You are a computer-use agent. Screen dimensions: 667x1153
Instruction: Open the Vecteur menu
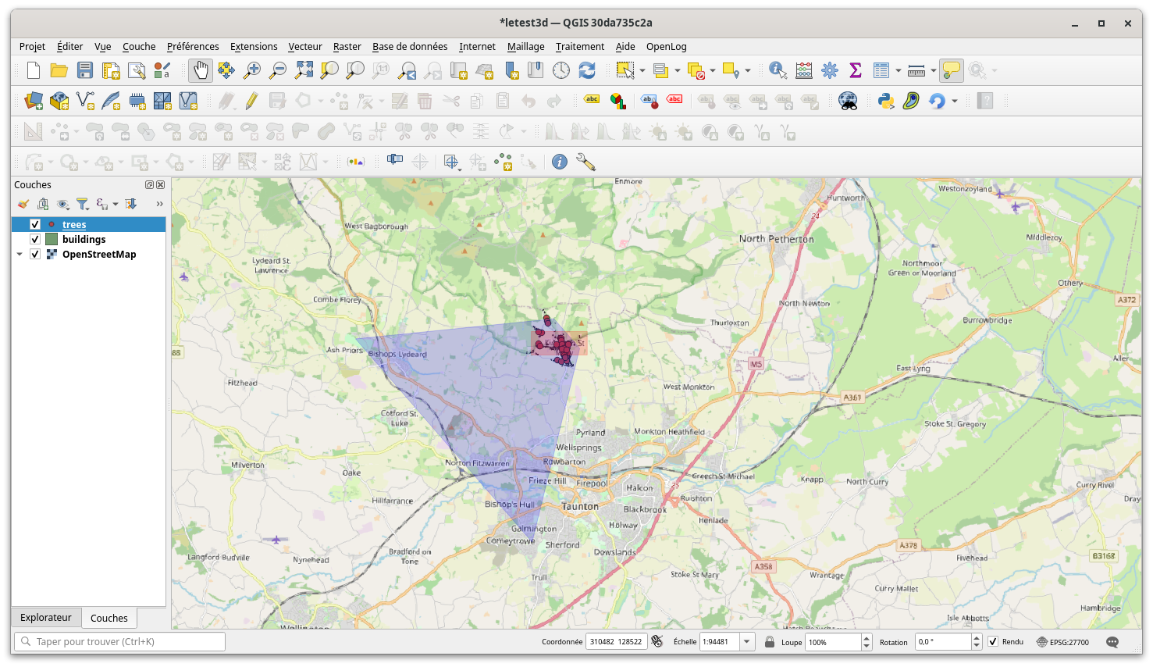[304, 47]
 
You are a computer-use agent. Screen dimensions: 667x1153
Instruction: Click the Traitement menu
[579, 47]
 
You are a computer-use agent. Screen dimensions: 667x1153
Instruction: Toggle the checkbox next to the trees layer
[35, 225]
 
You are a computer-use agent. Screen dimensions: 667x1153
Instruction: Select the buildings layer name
[84, 240]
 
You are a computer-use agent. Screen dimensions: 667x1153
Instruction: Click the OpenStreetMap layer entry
[99, 255]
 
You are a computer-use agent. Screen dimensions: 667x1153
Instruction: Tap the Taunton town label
[580, 506]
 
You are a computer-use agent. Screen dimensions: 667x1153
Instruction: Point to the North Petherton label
[776, 239]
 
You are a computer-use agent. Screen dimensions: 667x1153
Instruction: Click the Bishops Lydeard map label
[397, 355]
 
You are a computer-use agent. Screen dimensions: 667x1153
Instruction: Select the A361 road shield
[852, 398]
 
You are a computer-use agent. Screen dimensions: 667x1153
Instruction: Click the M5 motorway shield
[756, 365]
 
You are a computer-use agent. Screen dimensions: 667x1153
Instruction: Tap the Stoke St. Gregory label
[955, 424]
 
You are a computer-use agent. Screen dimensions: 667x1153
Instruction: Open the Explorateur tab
[45, 618]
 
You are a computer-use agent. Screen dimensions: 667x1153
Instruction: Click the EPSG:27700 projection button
[1062, 642]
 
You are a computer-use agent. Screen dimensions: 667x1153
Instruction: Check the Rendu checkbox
[993, 642]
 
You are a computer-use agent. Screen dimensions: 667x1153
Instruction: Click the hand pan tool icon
[201, 70]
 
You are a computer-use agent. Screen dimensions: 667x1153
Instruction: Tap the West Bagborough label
[376, 226]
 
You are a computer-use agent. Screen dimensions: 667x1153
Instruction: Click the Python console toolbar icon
[885, 101]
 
